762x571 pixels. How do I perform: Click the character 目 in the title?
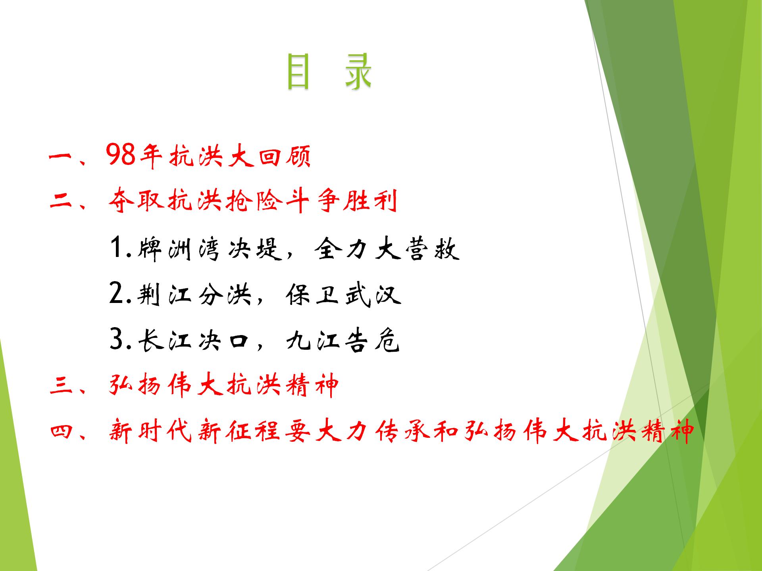pos(297,72)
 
